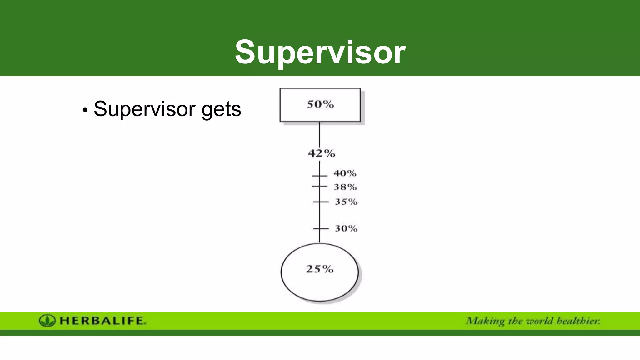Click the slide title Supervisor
320,52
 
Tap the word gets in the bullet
221,110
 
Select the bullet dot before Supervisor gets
85,110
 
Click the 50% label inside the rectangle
320,104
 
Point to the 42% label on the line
321,153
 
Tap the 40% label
345,173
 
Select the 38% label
345,187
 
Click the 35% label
346,202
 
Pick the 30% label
346,228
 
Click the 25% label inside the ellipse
320,269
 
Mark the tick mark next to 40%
320,176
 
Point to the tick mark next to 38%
320,186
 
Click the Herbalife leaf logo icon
47,321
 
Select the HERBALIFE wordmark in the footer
102,321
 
